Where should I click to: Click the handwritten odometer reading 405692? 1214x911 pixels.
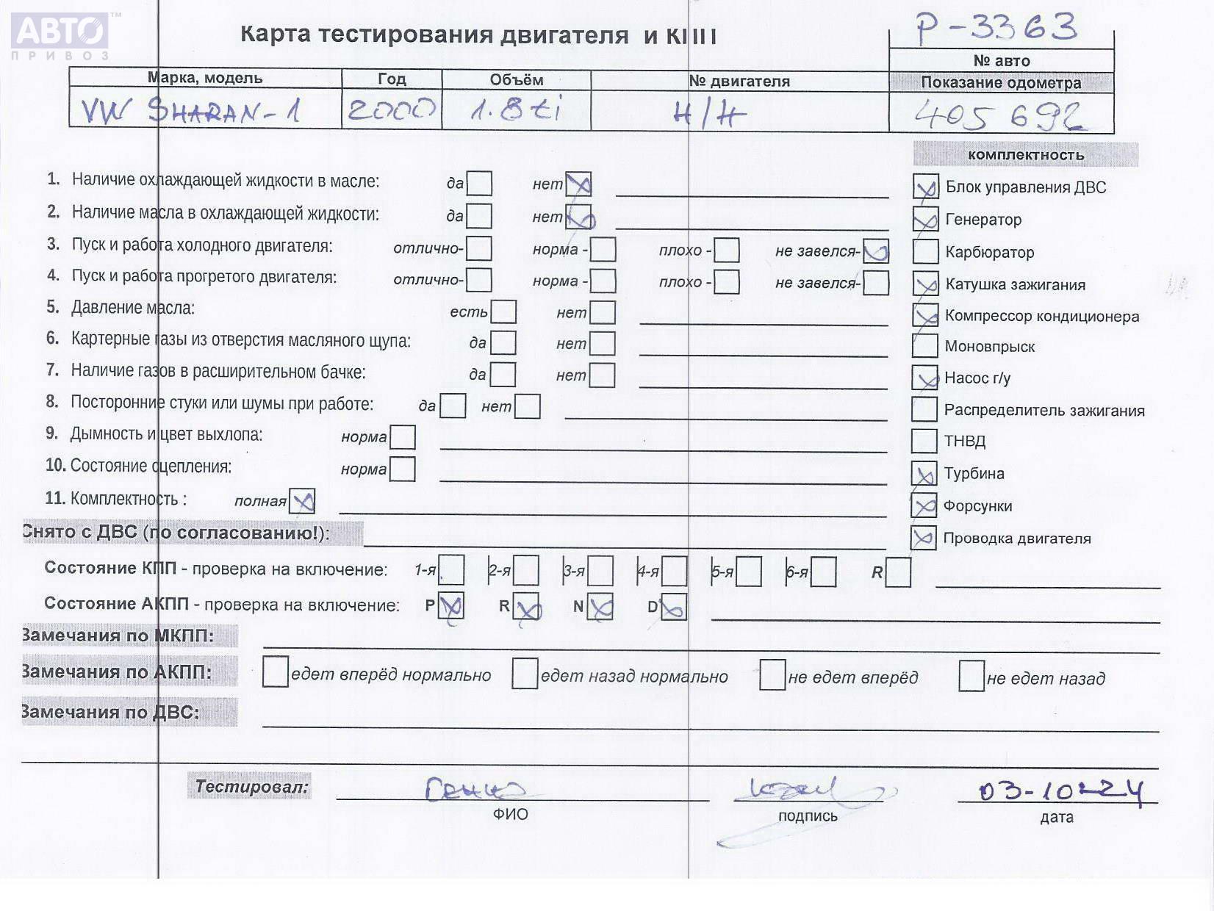coord(999,116)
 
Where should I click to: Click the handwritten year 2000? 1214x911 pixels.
coord(392,111)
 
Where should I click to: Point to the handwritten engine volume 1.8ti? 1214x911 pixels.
coord(516,110)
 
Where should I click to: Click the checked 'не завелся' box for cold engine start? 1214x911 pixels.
coord(876,251)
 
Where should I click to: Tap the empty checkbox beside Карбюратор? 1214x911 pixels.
coord(925,251)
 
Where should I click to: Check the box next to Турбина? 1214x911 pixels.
coord(924,474)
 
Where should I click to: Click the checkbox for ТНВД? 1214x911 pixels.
coord(924,441)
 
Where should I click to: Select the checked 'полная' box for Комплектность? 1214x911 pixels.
coord(302,501)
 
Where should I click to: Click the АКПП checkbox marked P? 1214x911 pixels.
coord(450,607)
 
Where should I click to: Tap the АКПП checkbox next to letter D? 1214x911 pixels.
coord(673,607)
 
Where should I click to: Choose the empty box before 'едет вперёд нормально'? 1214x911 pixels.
coord(275,673)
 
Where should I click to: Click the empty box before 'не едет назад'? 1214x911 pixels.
coord(971,676)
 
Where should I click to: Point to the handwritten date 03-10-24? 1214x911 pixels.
coord(1060,791)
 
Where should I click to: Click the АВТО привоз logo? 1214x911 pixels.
coord(61,35)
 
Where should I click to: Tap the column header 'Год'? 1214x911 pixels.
coord(392,79)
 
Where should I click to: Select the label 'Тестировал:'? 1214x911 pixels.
coord(250,786)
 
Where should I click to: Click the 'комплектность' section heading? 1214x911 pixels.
coord(1025,155)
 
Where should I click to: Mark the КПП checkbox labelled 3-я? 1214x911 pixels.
coord(600,571)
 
